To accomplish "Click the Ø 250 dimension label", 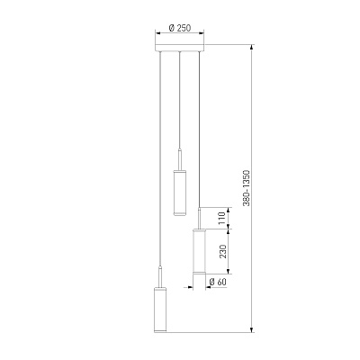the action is [180, 28].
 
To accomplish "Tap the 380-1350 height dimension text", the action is [247, 188].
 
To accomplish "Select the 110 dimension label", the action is [221, 219].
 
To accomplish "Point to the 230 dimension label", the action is [222, 251].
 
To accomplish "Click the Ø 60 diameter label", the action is [217, 282].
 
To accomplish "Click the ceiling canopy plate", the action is [179, 48].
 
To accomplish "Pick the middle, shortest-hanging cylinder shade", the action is [180, 193].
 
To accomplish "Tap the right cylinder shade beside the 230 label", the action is [199, 251].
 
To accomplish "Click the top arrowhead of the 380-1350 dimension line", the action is [252, 48].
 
